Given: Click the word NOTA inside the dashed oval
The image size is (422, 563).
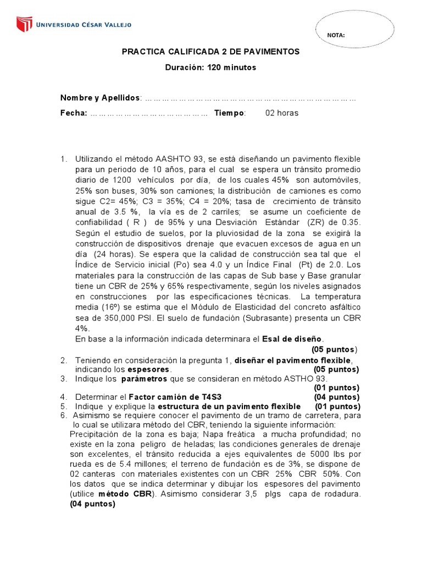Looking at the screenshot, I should click(336, 35).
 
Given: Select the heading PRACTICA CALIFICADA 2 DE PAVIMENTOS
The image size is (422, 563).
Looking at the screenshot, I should click(210, 51).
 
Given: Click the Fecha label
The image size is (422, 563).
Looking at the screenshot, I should click(73, 113).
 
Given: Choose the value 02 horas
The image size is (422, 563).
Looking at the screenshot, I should click(281, 113).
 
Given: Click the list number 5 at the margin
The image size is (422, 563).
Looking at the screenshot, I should click(64, 406).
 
